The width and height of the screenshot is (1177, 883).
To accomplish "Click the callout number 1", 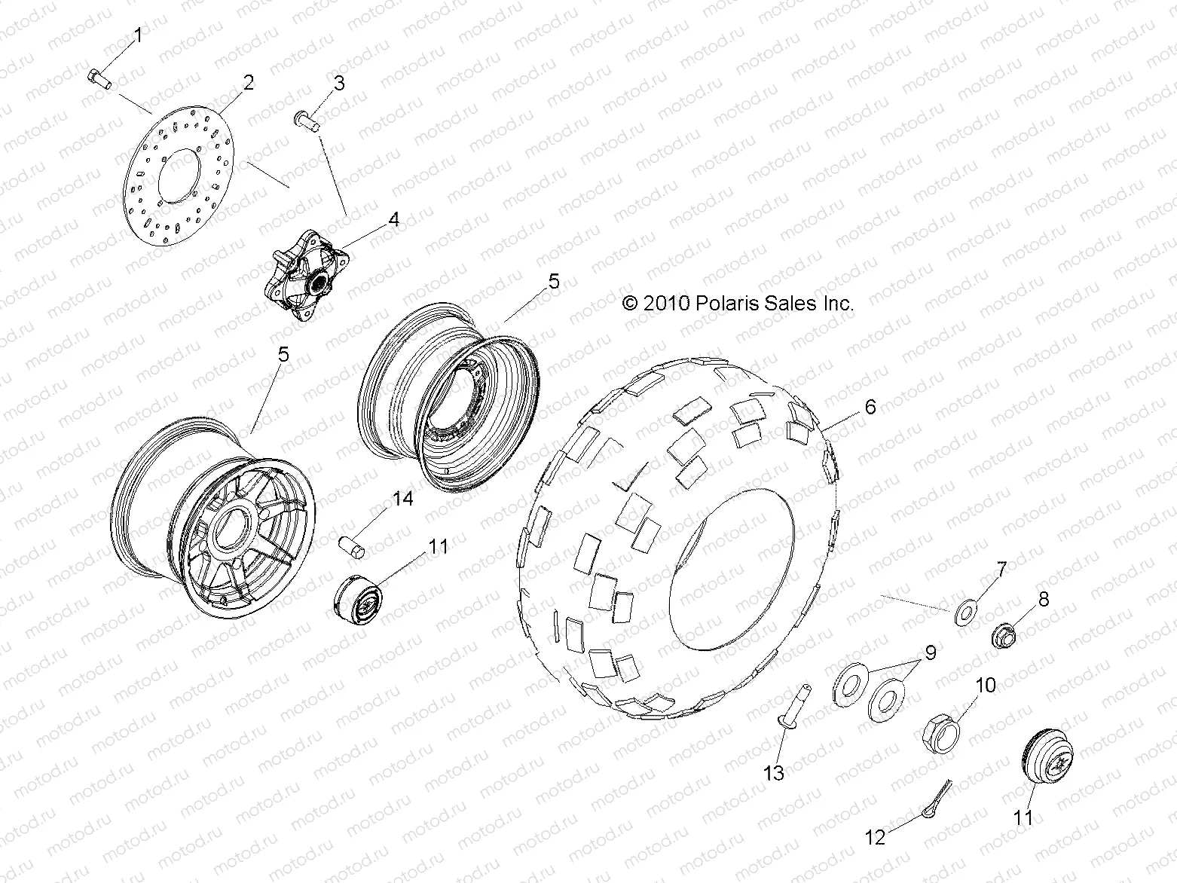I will click(138, 35).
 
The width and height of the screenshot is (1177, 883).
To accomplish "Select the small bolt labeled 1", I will click(99, 78).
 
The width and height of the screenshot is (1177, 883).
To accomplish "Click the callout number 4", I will click(393, 219).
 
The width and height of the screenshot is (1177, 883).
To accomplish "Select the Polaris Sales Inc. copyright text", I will click(738, 304).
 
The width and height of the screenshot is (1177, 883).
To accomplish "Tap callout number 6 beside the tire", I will click(870, 407).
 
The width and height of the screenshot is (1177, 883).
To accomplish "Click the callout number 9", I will click(930, 652).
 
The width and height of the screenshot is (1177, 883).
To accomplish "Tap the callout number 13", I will click(774, 772).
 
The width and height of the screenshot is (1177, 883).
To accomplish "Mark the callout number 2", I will click(248, 81).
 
